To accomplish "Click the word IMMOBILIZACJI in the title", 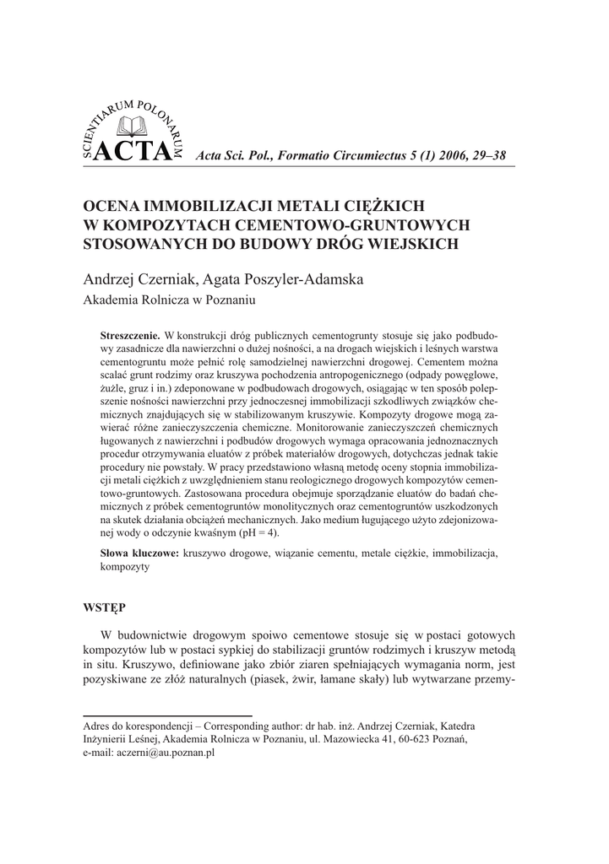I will click(206, 206).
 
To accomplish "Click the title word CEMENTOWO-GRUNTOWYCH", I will click(340, 224).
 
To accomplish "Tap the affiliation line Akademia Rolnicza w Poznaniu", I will click(169, 300).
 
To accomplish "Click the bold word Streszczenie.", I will click(130, 335).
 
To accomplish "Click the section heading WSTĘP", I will click(104, 607).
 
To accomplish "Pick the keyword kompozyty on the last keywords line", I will click(125, 567).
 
